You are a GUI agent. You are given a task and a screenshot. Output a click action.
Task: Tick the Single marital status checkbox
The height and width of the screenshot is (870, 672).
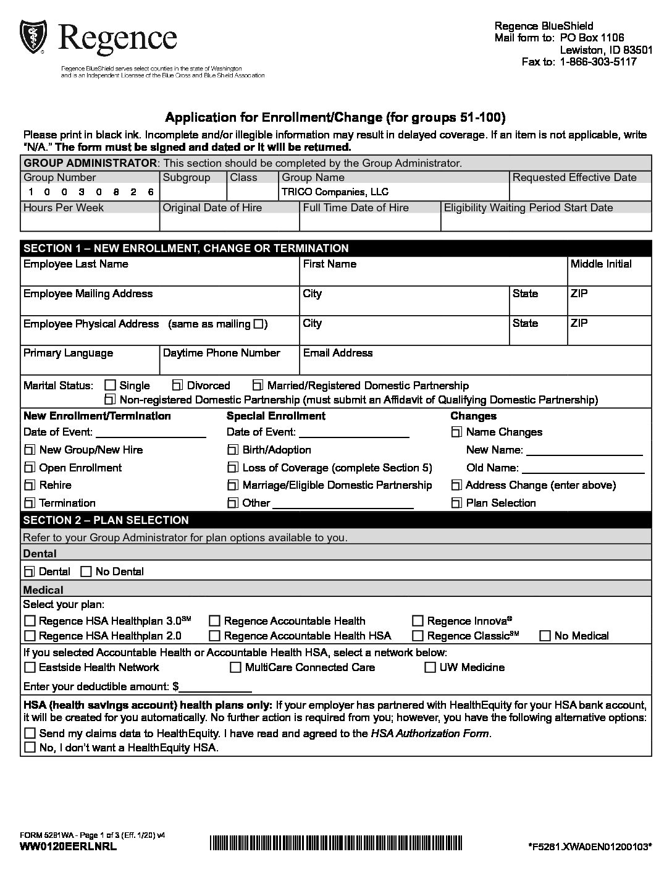pyautogui.click(x=110, y=386)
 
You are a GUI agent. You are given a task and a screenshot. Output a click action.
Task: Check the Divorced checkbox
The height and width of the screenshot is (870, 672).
pyautogui.click(x=178, y=386)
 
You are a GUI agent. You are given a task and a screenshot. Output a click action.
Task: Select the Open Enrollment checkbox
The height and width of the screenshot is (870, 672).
pyautogui.click(x=30, y=468)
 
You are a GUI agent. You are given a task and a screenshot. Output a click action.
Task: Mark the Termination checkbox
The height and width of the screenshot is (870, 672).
pyautogui.click(x=30, y=503)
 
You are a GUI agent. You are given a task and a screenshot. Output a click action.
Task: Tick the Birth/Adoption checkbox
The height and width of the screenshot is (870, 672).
pyautogui.click(x=233, y=450)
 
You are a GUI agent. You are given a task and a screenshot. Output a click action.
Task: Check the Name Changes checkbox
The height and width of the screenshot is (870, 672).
pyautogui.click(x=456, y=432)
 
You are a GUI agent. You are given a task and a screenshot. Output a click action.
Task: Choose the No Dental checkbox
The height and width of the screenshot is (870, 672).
pyautogui.click(x=86, y=572)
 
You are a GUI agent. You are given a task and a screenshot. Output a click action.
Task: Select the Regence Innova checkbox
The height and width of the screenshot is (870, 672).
pyautogui.click(x=418, y=621)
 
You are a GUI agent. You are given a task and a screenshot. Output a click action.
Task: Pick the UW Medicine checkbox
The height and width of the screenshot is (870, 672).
pyautogui.click(x=430, y=667)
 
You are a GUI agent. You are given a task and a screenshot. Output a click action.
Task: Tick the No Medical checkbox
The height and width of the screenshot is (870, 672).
pyautogui.click(x=545, y=636)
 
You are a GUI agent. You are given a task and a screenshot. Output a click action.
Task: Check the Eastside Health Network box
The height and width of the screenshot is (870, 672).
pyautogui.click(x=30, y=667)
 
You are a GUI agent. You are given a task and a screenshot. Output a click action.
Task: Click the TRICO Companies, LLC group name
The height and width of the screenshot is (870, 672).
pyautogui.click(x=335, y=192)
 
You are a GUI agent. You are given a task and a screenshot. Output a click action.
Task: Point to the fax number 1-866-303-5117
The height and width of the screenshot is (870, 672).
pyautogui.click(x=598, y=62)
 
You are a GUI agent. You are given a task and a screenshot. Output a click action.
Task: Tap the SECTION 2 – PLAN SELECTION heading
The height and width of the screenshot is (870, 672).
pyautogui.click(x=106, y=520)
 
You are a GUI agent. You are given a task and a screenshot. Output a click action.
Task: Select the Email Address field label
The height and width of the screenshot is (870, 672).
pyautogui.click(x=338, y=353)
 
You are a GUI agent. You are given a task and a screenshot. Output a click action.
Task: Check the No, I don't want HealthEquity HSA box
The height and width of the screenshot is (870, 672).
pyautogui.click(x=30, y=748)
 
